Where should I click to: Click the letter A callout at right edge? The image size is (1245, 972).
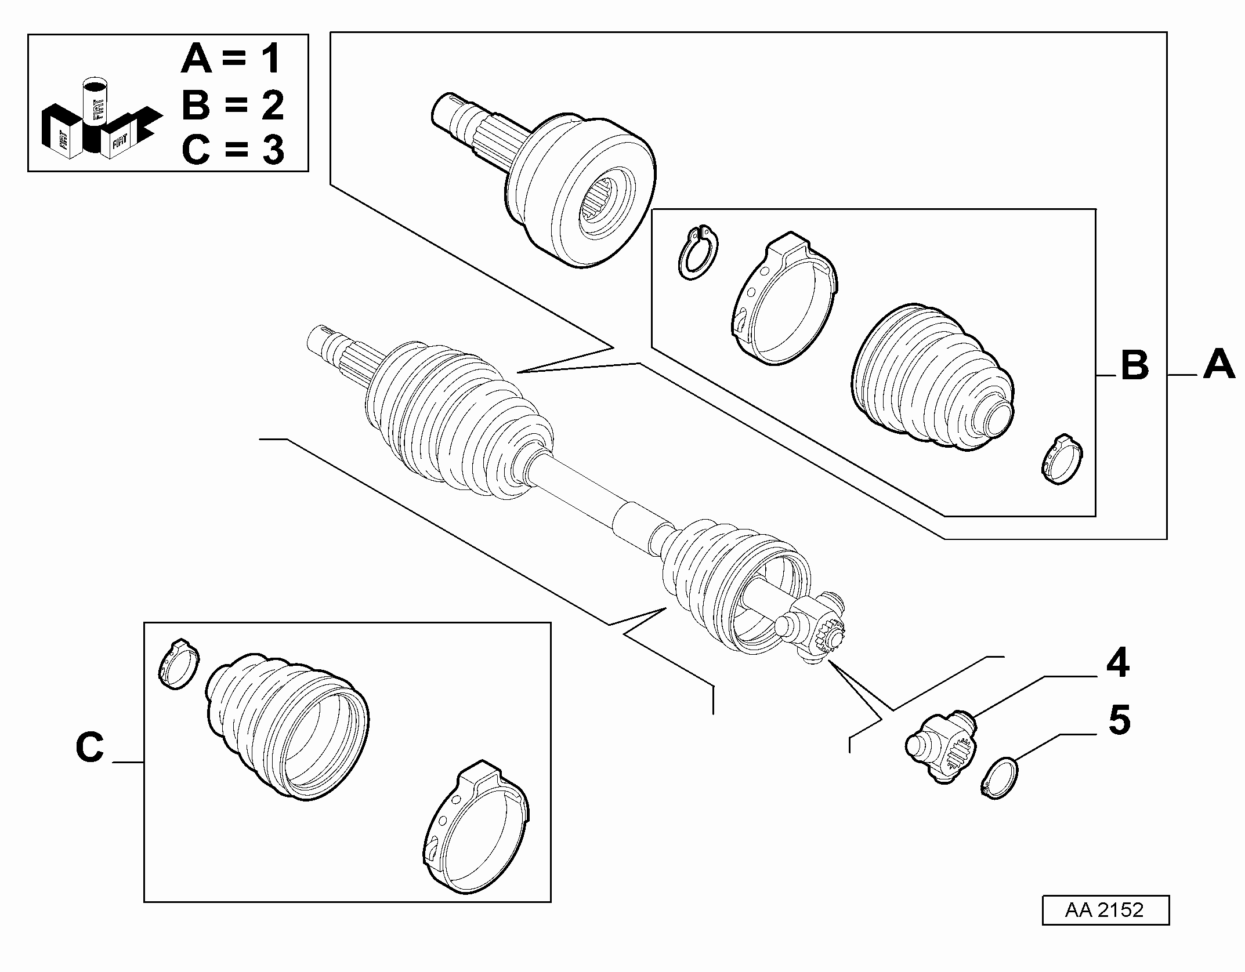[x=1219, y=364]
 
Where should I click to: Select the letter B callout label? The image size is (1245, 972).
[x=1135, y=365]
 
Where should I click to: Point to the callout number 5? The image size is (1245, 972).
[x=1119, y=720]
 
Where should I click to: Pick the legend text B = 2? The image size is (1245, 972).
[x=233, y=105]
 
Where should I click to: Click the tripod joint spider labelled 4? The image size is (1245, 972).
[x=942, y=748]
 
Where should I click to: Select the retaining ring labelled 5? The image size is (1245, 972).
[x=999, y=778]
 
